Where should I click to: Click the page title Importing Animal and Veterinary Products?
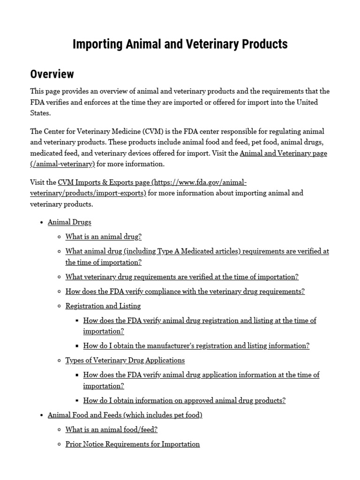click(x=180, y=45)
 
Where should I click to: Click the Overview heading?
click(x=52, y=74)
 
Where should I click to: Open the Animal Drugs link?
click(x=69, y=222)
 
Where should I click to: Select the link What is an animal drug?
click(x=103, y=237)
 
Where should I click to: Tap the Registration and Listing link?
click(x=103, y=306)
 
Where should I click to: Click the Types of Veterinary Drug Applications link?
click(x=125, y=360)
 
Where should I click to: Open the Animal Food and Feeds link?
click(x=125, y=415)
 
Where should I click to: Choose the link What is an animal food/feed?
click(x=111, y=429)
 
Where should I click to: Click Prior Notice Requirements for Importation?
click(x=132, y=444)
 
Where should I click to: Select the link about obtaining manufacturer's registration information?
click(x=196, y=345)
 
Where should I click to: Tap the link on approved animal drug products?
click(x=184, y=400)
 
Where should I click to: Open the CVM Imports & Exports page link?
click(x=152, y=182)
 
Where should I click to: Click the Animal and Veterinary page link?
click(x=283, y=153)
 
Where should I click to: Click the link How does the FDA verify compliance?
click(x=185, y=291)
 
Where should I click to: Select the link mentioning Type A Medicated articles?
click(x=197, y=251)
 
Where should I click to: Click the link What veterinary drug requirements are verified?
click(x=182, y=277)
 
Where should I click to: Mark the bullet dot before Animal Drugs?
click(x=42, y=223)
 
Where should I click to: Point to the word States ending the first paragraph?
click(x=40, y=113)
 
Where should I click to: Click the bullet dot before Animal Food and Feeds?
click(x=42, y=415)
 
